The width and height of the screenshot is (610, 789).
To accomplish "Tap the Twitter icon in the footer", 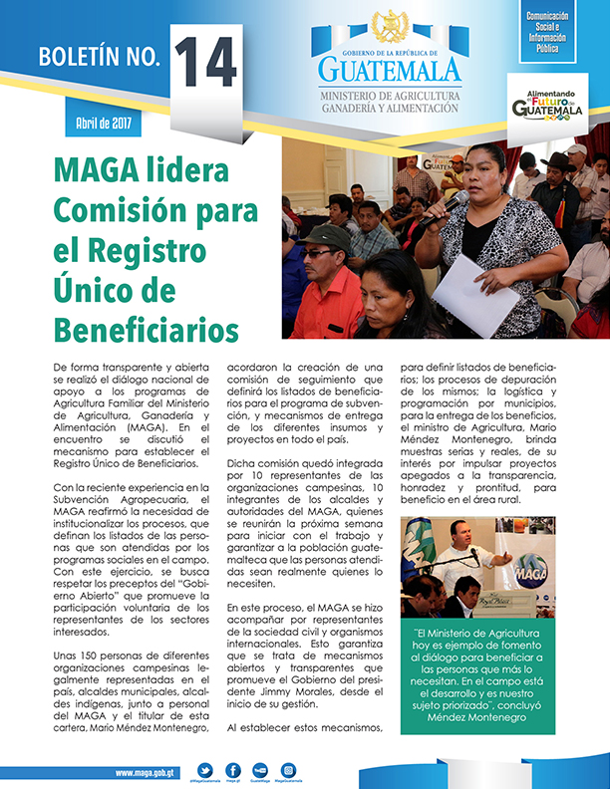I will pos(205,769).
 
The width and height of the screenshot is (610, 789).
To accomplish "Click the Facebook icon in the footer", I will pos(232,769).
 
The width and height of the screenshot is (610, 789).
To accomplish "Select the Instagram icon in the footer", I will pos(288,769).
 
